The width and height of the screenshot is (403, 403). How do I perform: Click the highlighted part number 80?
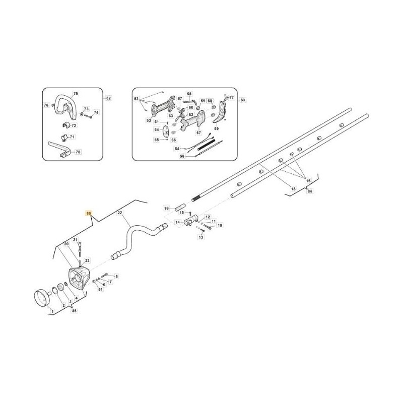pos(89,214)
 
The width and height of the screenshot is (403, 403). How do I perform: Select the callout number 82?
pos(108,98)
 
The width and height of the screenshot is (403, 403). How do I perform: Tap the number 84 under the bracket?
pos(310,191)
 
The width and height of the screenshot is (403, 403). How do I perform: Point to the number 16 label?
pos(308,180)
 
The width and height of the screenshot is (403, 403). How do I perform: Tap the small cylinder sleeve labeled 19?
pos(179,207)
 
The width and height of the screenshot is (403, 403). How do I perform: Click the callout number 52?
pos(136,100)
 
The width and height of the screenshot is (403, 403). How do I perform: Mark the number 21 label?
pos(75,239)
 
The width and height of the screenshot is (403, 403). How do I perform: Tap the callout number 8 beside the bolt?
pos(116,276)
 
